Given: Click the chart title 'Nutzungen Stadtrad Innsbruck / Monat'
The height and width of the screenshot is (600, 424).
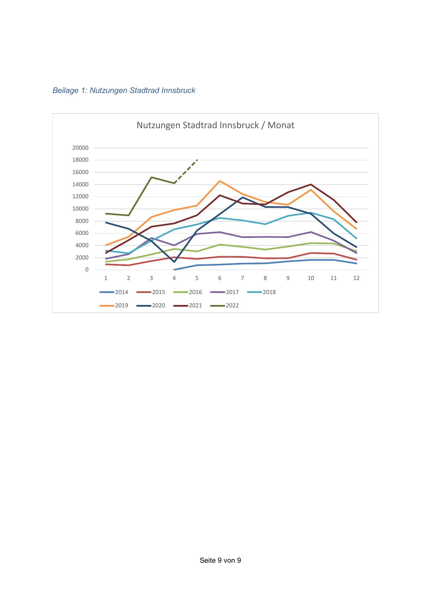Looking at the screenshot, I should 215,125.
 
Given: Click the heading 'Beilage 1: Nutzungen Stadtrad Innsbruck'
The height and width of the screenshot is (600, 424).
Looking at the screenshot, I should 124,90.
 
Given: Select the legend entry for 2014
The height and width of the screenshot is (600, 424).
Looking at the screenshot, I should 114,292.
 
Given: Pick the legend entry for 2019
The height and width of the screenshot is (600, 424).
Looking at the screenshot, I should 114,305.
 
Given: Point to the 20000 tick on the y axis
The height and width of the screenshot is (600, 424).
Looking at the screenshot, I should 80,148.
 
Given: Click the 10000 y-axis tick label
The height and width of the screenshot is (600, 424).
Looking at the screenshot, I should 80,209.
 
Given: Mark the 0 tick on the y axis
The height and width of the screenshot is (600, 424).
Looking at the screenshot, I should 87,270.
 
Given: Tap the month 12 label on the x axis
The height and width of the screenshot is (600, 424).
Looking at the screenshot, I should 356,278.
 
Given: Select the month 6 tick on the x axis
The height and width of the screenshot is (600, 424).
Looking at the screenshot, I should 220,278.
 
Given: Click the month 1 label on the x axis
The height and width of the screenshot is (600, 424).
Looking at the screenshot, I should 106,278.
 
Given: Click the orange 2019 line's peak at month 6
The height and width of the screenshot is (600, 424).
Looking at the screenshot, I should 220,181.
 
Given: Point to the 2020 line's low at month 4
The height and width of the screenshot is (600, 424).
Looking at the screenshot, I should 174,262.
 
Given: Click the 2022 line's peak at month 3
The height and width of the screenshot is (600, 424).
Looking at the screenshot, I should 151,177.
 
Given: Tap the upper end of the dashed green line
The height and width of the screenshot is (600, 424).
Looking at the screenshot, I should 197,160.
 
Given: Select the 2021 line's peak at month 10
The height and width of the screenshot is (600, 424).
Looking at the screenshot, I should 311,184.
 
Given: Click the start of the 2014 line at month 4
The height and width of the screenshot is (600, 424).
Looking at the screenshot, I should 174,269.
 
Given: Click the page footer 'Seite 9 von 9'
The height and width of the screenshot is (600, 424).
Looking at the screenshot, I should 220,560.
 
